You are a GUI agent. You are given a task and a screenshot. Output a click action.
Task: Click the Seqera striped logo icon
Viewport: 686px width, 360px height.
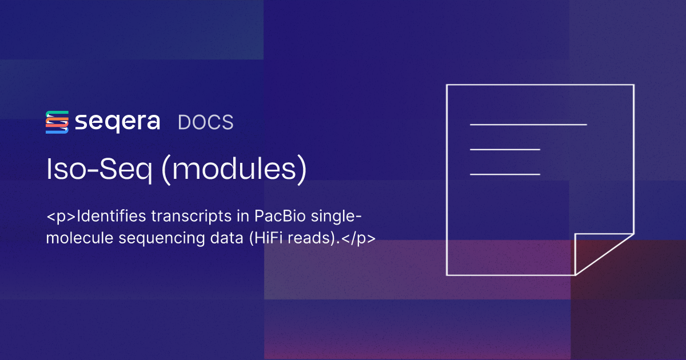pos(57,122)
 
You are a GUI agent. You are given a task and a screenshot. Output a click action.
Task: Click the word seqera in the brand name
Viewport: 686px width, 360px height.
pos(117,122)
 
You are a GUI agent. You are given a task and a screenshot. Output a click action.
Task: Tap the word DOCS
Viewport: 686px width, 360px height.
pos(206,122)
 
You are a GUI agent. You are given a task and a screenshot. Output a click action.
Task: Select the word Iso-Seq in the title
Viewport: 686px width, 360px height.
pos(98,170)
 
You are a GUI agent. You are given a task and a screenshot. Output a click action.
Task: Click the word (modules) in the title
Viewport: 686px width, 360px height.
pos(233,170)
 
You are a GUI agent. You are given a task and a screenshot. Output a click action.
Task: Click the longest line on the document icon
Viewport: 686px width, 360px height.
pos(528,124)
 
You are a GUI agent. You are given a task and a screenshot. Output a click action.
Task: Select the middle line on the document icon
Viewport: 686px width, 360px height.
pos(505,149)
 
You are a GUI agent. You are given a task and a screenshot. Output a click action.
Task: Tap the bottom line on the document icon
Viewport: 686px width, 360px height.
pos(505,174)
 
